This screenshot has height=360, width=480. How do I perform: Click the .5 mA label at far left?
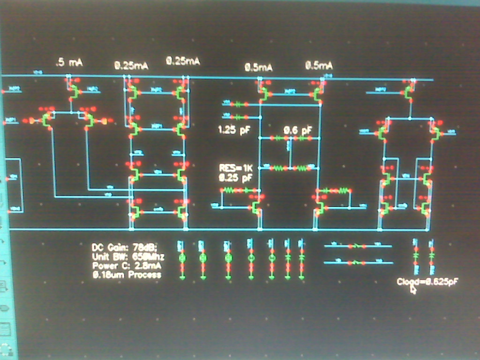pyautogui.click(x=69, y=62)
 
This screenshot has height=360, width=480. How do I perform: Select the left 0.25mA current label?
pyautogui.click(x=131, y=66)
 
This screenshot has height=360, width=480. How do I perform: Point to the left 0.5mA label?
pyautogui.click(x=258, y=67)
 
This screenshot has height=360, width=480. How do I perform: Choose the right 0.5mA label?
pyautogui.click(x=319, y=65)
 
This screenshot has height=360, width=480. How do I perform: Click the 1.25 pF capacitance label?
pyautogui.click(x=234, y=130)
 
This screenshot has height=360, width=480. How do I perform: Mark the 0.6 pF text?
pyautogui.click(x=298, y=130)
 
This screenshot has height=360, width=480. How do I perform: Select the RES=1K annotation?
pyautogui.click(x=236, y=168)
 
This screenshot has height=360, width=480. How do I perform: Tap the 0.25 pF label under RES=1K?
pyautogui.click(x=235, y=178)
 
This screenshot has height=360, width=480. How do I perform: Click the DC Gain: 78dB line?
pyautogui.click(x=125, y=247)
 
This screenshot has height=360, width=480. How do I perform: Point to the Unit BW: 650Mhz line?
pyautogui.click(x=128, y=256)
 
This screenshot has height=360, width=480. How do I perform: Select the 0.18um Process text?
pyautogui.click(x=127, y=275)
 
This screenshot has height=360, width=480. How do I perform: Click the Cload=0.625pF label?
pyautogui.click(x=427, y=281)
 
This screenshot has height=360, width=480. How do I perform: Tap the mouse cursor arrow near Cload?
pyautogui.click(x=413, y=289)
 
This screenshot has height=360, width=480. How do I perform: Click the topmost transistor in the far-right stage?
pyautogui.click(x=409, y=91)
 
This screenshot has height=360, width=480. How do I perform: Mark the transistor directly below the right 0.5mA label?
pyautogui.click(x=317, y=94)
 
